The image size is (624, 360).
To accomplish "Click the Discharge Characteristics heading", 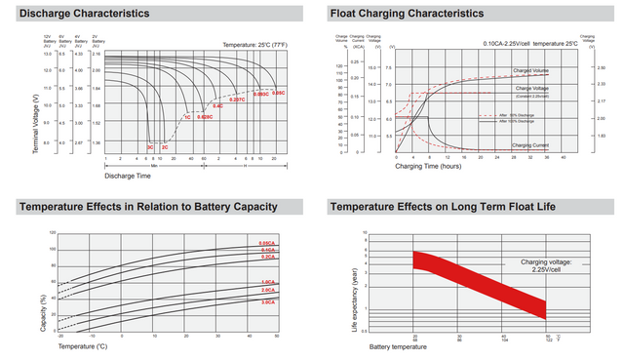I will pos(85,14).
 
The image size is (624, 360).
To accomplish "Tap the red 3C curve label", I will pos(149,147).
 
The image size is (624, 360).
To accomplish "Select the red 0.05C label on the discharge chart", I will pos(278,93).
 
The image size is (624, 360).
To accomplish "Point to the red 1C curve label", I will pos(187,117).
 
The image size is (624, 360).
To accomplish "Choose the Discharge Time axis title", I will pos(127,177).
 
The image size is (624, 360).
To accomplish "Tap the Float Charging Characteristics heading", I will pos(407,14).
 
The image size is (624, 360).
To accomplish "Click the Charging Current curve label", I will pos(532,145).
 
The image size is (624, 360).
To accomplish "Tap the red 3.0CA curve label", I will pos(266,302).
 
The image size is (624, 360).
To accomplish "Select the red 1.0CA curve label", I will pos(266,282).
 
